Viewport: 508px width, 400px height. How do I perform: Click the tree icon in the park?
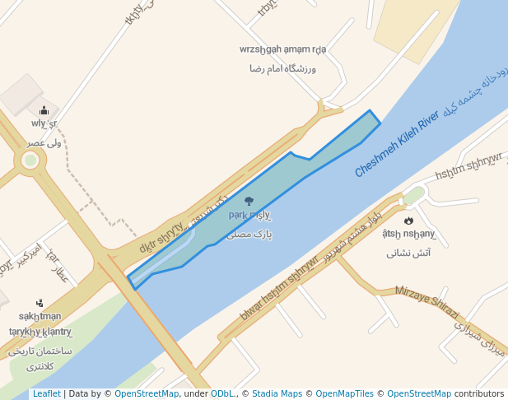(x=249, y=200)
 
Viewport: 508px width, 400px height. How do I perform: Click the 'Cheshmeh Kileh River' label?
(x=397, y=144)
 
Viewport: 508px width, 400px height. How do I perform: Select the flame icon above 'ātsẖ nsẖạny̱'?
(x=408, y=220)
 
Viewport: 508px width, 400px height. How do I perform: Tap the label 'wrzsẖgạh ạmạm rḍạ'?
(x=282, y=49)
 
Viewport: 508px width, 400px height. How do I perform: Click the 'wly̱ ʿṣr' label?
(x=44, y=124)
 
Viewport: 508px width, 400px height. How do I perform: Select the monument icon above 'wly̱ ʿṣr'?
(x=44, y=109)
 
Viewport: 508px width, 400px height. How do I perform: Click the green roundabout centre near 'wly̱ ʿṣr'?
(x=30, y=160)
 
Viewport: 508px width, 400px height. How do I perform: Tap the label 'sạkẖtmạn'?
(x=40, y=316)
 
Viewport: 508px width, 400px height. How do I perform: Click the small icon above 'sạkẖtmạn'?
(x=40, y=302)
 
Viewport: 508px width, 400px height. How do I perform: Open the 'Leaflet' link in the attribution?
(x=46, y=394)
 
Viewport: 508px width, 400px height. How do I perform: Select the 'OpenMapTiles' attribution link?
(x=347, y=394)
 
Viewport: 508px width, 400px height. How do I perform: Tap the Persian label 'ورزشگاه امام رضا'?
(x=282, y=69)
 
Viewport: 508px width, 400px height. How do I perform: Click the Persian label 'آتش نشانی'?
(x=408, y=253)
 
